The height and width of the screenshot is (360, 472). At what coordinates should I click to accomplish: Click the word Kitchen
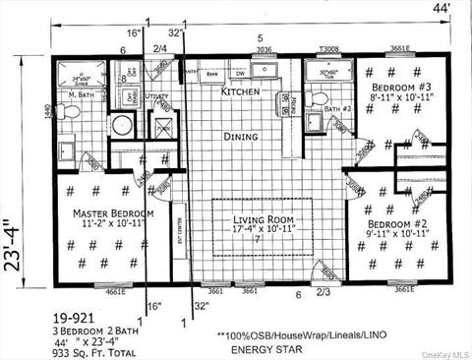click(x=240, y=91)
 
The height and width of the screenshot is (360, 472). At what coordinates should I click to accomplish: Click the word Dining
click(x=240, y=137)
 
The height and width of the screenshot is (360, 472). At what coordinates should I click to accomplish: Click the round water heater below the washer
click(x=122, y=125)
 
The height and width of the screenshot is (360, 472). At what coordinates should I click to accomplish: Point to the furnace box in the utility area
click(x=160, y=126)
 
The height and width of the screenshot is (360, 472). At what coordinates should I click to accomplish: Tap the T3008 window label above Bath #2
click(x=327, y=49)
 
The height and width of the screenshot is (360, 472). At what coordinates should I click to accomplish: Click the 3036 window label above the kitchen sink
click(x=265, y=48)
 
